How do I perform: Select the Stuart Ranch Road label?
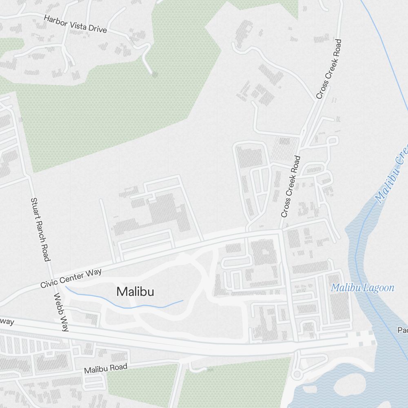pyautogui.click(x=40, y=229)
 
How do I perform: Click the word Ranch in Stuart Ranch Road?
pyautogui.click(x=40, y=231)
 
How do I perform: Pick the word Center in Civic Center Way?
pyautogui.click(x=72, y=277)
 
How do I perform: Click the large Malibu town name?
pyautogui.click(x=135, y=292)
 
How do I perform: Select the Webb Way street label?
pyautogui.click(x=61, y=312)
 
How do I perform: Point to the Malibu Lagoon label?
pyautogui.click(x=362, y=288)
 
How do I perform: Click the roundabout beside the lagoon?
pyautogui.click(x=297, y=374)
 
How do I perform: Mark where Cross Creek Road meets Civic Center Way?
pyautogui.click(x=282, y=231)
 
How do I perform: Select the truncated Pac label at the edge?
pyautogui.click(x=403, y=330)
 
